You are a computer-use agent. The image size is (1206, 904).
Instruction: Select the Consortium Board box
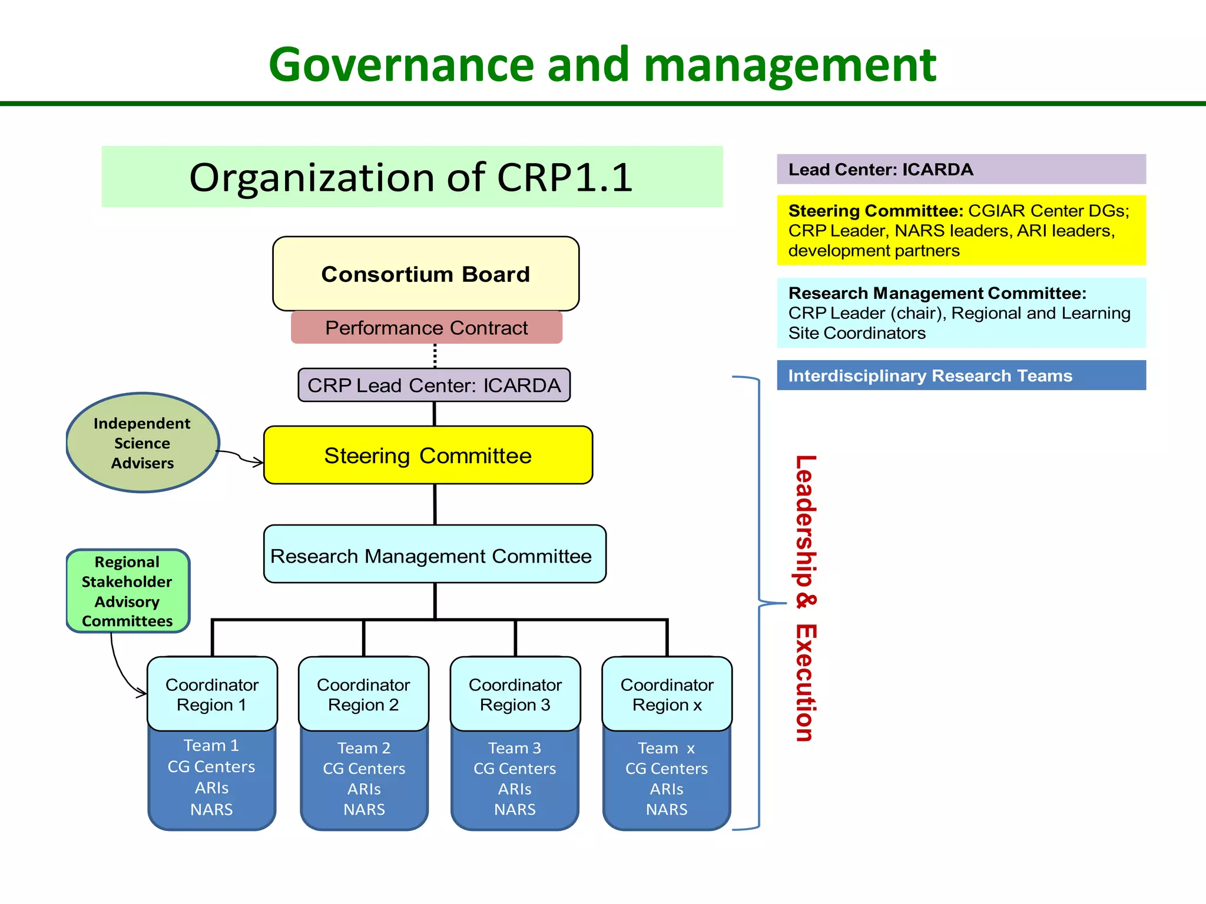(x=425, y=274)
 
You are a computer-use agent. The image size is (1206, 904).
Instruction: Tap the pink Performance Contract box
(x=426, y=328)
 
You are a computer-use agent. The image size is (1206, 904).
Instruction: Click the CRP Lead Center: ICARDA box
(x=434, y=385)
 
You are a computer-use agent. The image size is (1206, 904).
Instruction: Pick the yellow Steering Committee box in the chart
(x=428, y=456)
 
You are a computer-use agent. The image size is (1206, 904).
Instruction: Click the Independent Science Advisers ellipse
(x=143, y=443)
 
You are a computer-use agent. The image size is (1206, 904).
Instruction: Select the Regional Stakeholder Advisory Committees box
(x=128, y=591)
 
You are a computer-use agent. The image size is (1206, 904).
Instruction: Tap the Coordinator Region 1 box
(x=212, y=694)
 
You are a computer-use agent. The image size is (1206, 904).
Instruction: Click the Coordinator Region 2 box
(x=363, y=694)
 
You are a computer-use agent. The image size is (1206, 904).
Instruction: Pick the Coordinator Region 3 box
(x=515, y=694)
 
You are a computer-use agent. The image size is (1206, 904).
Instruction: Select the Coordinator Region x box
(x=667, y=694)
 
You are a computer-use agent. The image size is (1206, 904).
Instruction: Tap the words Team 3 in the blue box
(x=515, y=748)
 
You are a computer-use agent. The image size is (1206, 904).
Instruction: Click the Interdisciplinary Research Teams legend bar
(x=961, y=375)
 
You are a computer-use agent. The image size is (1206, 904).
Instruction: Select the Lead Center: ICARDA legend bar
(x=961, y=169)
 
